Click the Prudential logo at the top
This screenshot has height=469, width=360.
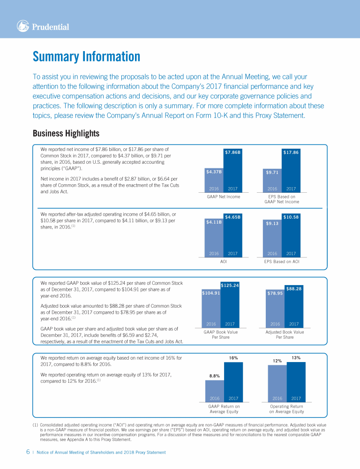point(43,27)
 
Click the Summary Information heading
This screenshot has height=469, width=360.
point(86,57)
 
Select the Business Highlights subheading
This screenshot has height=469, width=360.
point(66,134)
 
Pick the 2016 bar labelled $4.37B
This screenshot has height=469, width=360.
point(214,181)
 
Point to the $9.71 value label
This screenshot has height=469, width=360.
point(272,172)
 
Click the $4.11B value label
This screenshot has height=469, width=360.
point(214,222)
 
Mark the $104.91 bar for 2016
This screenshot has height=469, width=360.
point(211,293)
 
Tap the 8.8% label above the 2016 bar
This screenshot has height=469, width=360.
point(214,376)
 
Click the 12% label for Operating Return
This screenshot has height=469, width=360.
point(277,361)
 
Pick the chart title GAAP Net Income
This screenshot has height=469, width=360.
point(224,197)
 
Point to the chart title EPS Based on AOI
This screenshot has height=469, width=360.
point(282,261)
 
